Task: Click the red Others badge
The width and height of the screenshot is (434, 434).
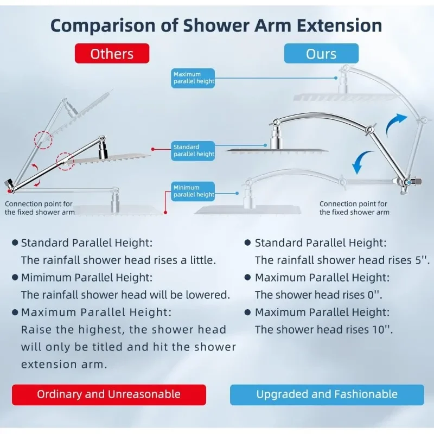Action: [112, 53]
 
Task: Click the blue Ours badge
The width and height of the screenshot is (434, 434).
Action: [321, 53]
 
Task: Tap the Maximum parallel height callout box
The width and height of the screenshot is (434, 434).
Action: [193, 78]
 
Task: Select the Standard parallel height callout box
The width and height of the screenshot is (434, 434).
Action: [193, 151]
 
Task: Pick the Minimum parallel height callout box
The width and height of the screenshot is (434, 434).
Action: [193, 192]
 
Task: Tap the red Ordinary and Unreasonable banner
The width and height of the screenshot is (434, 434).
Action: [109, 395]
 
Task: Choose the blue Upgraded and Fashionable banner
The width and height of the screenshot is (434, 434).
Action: [327, 395]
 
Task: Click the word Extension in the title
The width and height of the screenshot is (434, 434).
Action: [340, 25]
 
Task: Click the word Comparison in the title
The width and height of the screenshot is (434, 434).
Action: [103, 26]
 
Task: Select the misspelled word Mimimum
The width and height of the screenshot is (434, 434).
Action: [46, 277]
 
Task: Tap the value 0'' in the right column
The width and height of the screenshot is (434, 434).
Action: [374, 295]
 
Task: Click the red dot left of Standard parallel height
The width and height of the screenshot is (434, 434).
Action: [153, 149]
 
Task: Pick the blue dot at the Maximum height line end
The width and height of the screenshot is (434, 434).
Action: [336, 78]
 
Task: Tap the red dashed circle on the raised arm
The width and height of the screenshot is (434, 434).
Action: [43, 140]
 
